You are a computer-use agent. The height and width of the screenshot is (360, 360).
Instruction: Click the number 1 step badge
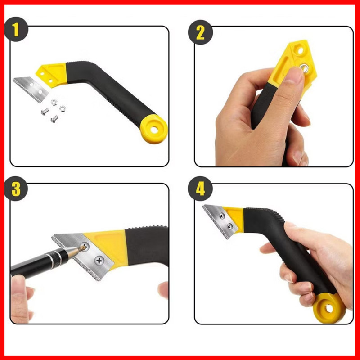click(16, 29)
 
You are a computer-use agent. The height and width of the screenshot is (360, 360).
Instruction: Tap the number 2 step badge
click(200, 32)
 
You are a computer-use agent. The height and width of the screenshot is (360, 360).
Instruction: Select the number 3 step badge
click(16, 189)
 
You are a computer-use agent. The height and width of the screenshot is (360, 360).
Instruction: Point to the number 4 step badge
click(200, 189)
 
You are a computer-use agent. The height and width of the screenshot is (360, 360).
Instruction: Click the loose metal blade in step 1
click(31, 89)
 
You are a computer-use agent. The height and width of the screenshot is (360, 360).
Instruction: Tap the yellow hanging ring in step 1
click(154, 129)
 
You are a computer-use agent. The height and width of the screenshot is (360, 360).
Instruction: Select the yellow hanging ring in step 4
click(329, 308)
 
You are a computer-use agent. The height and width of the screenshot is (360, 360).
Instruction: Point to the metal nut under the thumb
click(305, 68)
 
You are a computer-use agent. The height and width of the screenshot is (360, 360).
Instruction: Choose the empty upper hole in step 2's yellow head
click(300, 50)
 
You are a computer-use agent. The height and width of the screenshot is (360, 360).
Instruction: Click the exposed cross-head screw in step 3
click(99, 261)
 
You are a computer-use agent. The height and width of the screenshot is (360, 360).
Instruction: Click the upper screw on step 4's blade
click(222, 216)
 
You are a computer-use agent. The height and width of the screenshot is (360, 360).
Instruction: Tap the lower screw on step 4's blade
click(229, 227)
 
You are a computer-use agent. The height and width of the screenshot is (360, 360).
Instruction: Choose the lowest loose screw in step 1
click(54, 119)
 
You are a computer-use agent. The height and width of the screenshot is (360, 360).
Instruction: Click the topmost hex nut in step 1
click(54, 103)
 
